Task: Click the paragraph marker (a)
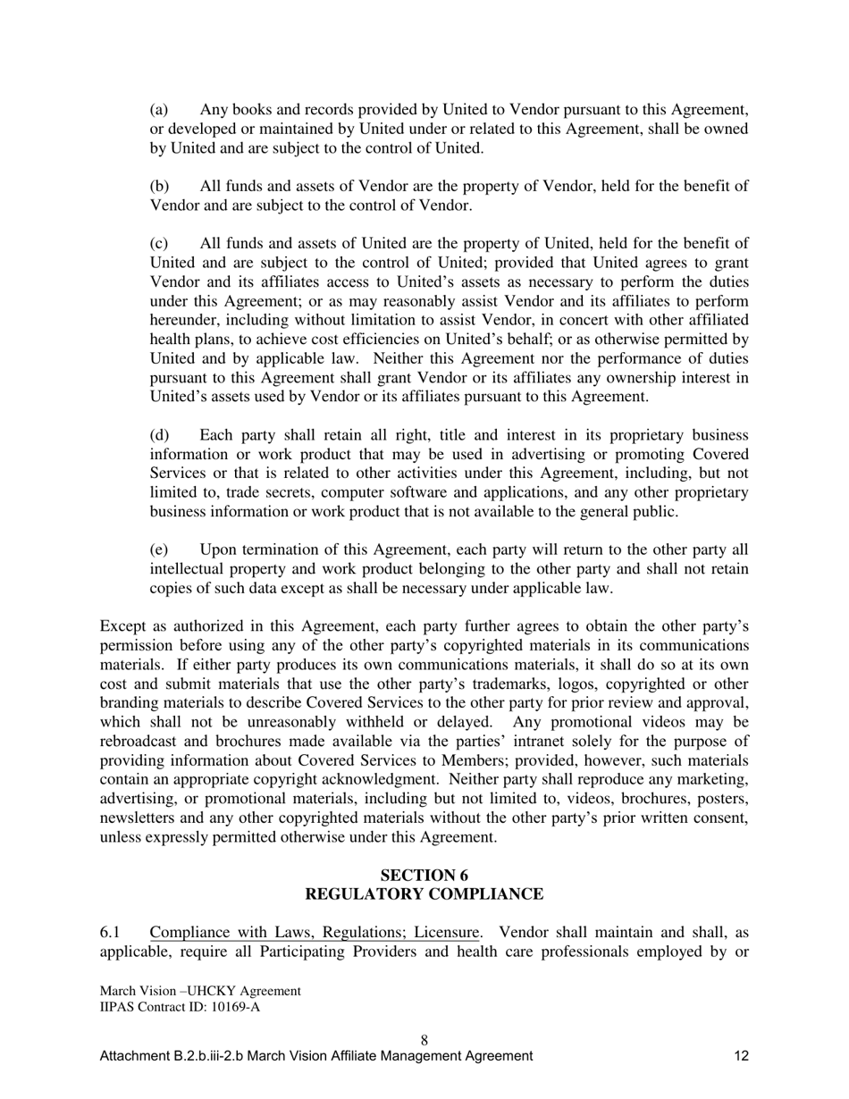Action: pyautogui.click(x=159, y=110)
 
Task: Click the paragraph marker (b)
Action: pyautogui.click(x=159, y=187)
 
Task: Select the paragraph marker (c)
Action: pyautogui.click(x=159, y=244)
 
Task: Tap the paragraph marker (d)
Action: pyautogui.click(x=159, y=435)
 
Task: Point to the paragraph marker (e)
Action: pyautogui.click(x=159, y=549)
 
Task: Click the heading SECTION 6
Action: pyautogui.click(x=424, y=875)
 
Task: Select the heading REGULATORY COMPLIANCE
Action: pyautogui.click(x=424, y=894)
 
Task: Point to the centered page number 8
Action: pyautogui.click(x=424, y=1040)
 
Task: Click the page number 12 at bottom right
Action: pyautogui.click(x=741, y=1056)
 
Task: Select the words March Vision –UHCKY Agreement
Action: pyautogui.click(x=200, y=991)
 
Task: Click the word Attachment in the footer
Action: pyautogui.click(x=133, y=1056)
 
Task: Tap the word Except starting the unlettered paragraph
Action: pyautogui.click(x=122, y=626)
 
